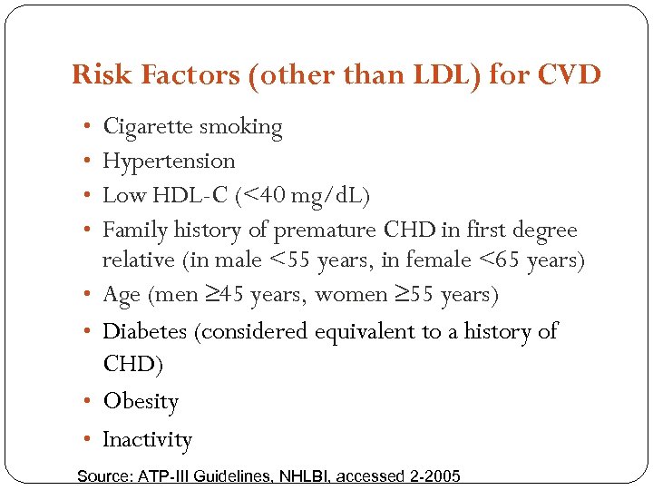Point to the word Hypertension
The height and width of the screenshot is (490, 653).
tap(169, 162)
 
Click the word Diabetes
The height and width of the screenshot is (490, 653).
tap(145, 331)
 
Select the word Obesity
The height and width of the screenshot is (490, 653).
tap(141, 401)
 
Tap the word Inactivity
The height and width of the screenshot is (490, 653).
tap(147, 440)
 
